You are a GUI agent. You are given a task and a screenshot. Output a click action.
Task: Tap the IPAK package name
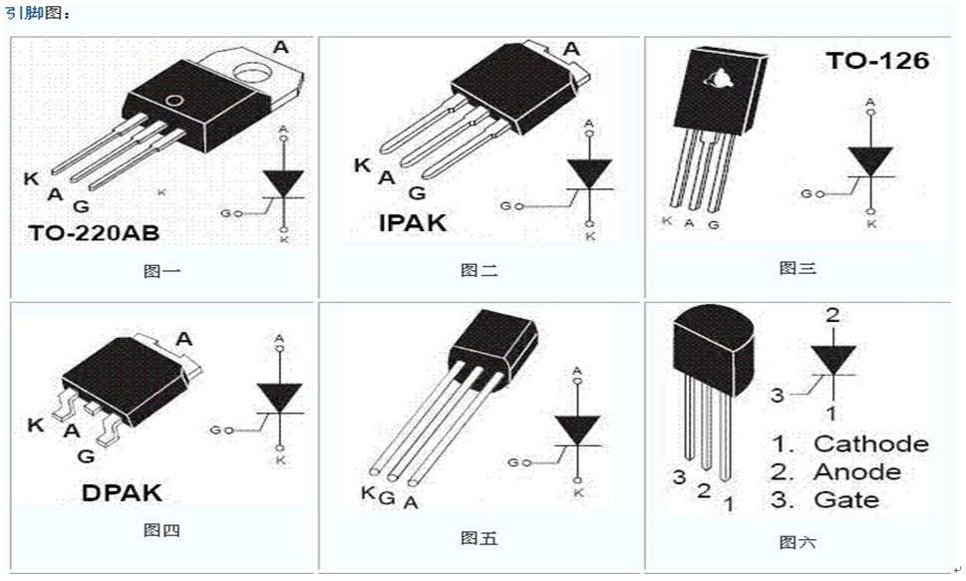click(412, 222)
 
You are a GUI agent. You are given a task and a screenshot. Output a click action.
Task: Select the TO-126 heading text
click(876, 61)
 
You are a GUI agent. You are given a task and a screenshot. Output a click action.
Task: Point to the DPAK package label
click(121, 492)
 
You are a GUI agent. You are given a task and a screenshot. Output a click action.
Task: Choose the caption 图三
click(798, 268)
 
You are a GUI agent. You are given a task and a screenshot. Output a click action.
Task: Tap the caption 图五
click(479, 538)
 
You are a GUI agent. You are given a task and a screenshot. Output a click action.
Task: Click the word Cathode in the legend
click(870, 443)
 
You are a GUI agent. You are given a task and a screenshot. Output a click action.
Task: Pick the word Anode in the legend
click(856, 471)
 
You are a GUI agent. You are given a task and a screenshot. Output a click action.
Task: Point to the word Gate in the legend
click(846, 499)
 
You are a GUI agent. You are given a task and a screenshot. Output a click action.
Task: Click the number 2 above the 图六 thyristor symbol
click(832, 315)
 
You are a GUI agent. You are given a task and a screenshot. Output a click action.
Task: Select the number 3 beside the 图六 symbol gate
click(778, 396)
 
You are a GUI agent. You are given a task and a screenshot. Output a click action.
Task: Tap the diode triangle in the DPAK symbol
click(279, 398)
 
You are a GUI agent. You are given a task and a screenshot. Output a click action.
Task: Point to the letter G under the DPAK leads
click(86, 456)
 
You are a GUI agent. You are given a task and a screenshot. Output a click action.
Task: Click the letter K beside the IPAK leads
click(362, 165)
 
